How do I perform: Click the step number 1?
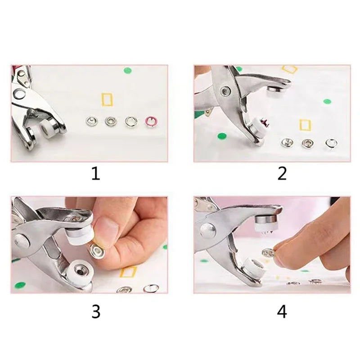coord(95,174)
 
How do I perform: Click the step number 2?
coord(282,174)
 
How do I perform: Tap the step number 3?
coord(96,311)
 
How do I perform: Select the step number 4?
coord(282,311)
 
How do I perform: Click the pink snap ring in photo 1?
coord(149,121)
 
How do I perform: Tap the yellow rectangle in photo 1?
coord(107,99)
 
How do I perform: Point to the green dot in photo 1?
coord(128,71)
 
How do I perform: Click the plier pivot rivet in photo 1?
coord(20,94)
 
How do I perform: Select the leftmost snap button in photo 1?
coord(91,121)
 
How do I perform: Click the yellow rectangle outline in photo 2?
coord(305,125)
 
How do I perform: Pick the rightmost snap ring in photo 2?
coord(331,143)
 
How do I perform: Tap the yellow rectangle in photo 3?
coord(128,272)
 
